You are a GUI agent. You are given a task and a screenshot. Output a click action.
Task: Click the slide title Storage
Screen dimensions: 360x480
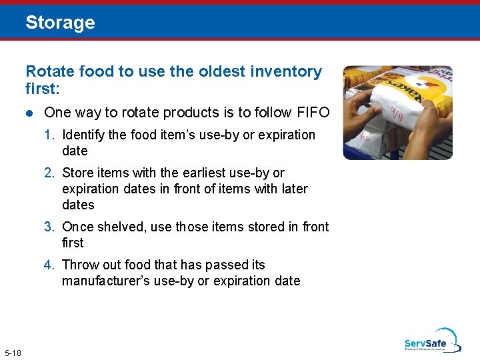pos(60,23)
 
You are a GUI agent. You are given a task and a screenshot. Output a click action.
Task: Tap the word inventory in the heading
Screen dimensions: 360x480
pos(285,71)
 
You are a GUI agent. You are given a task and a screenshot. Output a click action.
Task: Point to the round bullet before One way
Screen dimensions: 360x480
pos(29,113)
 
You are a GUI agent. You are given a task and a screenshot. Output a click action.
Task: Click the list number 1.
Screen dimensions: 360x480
pos(49,135)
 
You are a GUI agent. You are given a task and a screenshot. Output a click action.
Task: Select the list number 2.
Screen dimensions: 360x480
pos(49,173)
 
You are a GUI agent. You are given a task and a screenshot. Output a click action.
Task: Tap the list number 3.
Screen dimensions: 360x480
pos(49,227)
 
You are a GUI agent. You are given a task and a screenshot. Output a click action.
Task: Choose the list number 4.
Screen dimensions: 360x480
pos(49,265)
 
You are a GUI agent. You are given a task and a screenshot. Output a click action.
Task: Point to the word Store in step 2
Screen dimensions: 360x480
pos(77,173)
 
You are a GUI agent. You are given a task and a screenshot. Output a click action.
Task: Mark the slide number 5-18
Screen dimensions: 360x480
pos(13,352)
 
